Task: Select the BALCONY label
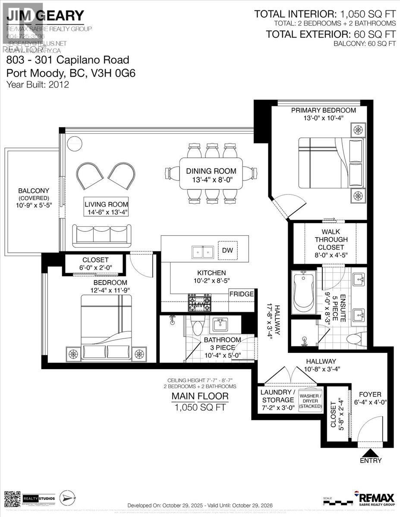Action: tap(28, 191)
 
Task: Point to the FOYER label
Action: tap(370, 395)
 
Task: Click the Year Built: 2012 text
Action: tap(38, 84)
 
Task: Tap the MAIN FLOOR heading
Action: tap(200, 396)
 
